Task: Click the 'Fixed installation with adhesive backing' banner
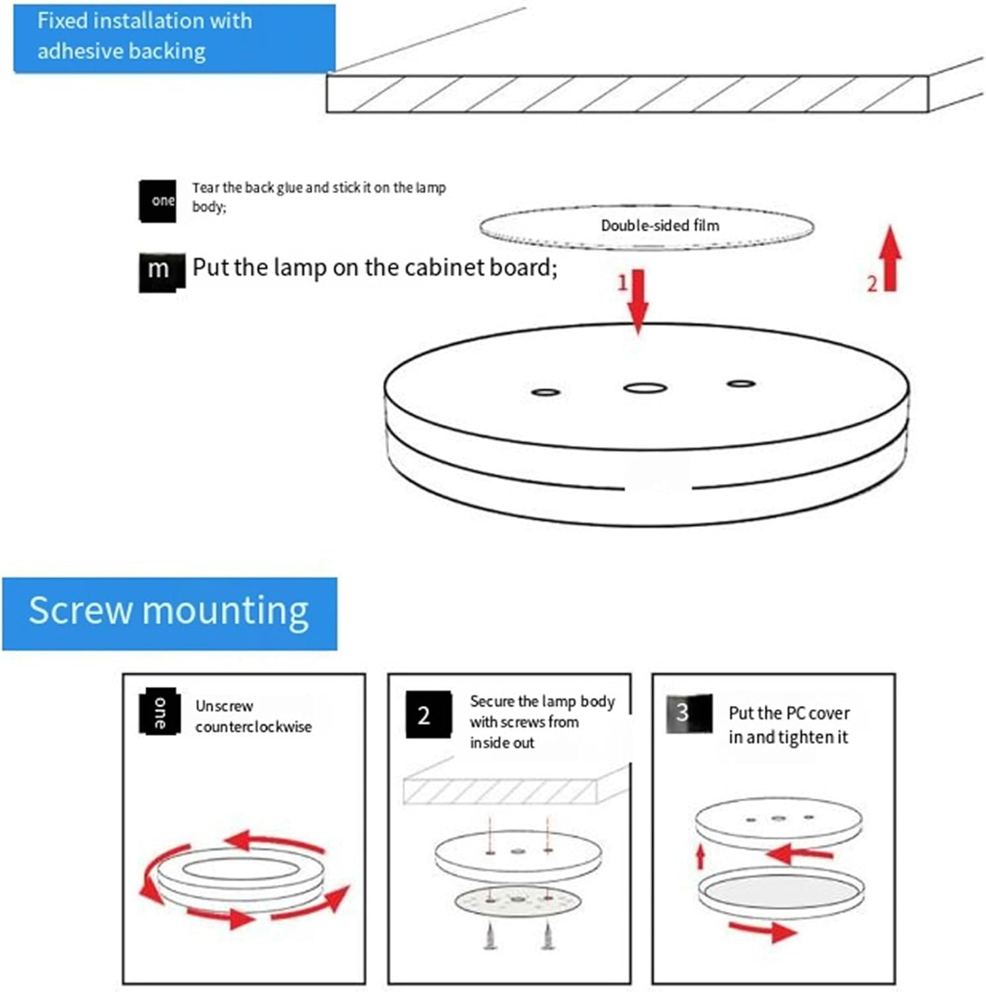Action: point(174,37)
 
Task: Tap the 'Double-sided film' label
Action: point(659,226)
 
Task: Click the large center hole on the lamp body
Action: point(645,388)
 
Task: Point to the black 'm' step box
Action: point(160,271)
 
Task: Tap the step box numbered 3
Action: point(688,714)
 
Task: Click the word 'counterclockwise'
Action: point(253,727)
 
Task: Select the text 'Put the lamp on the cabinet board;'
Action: point(375,268)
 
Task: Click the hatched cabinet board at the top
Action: point(627,94)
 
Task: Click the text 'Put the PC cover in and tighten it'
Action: point(788,725)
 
